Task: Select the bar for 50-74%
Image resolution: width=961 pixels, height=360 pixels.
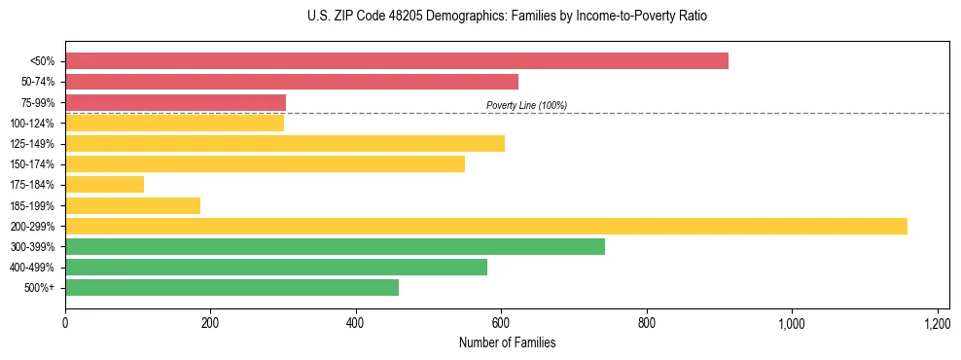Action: pos(292,82)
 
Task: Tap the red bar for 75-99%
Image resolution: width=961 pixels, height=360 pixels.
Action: pos(176,102)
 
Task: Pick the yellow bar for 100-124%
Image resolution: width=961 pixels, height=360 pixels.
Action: pos(175,123)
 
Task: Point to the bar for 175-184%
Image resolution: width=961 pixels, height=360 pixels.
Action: pos(105,185)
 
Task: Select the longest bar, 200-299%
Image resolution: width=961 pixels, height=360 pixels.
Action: pos(486,226)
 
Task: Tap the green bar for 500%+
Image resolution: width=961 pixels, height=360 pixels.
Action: pos(232,288)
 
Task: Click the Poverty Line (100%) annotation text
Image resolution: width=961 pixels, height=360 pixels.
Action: pos(526,105)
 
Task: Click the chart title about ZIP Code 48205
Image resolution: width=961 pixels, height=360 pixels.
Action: pos(507,17)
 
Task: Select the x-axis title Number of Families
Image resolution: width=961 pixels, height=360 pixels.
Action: pos(507,342)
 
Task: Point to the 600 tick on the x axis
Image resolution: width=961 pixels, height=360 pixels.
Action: pos(501,323)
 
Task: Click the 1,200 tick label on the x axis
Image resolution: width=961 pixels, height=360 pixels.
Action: pos(937,323)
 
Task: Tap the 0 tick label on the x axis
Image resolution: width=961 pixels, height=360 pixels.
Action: pos(65,323)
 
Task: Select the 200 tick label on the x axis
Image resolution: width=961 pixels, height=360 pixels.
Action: pos(210,323)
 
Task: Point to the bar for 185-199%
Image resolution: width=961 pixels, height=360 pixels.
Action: pos(133,205)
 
